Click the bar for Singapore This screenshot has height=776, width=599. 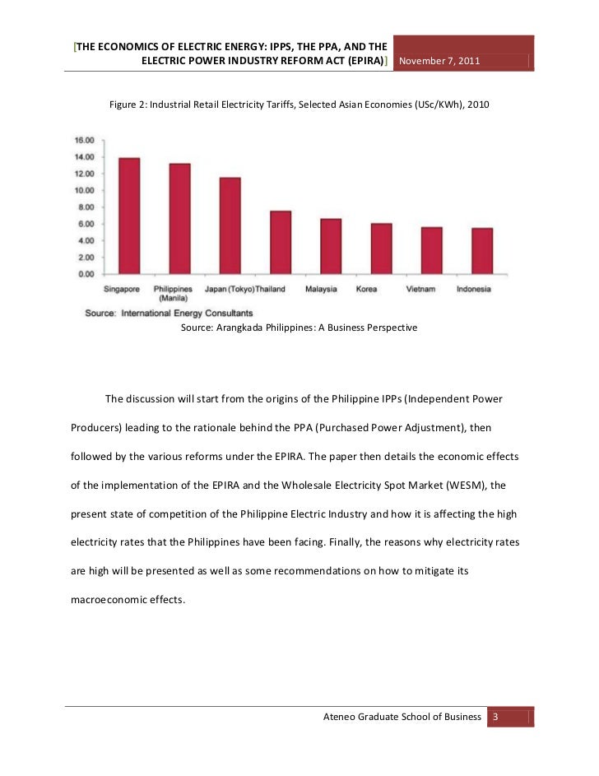(x=129, y=216)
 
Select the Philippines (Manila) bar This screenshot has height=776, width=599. (x=179, y=219)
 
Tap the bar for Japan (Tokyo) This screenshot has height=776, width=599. (x=230, y=225)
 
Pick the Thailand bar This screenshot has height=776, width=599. (x=281, y=243)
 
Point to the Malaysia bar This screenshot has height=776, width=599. (x=330, y=246)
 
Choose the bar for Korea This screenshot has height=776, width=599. (x=381, y=249)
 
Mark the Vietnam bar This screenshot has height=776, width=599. (x=431, y=250)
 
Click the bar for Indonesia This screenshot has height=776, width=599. (x=481, y=251)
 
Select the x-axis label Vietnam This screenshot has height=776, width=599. (x=420, y=289)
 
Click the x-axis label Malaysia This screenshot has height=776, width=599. (x=321, y=289)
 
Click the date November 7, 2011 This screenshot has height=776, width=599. (x=439, y=63)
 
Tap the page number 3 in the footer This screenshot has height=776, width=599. (x=495, y=717)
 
